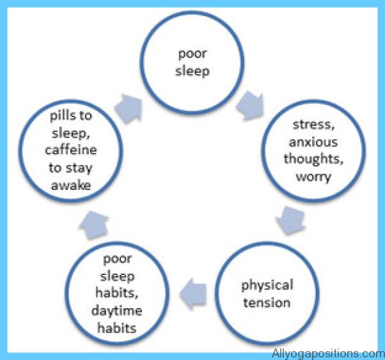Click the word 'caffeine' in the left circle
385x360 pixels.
tap(71, 150)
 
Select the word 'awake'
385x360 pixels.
tap(71, 185)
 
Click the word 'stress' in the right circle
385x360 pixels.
tap(313, 125)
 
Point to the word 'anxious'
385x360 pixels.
tap(313, 142)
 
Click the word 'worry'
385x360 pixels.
tap(313, 177)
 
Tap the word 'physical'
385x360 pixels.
tap(267, 285)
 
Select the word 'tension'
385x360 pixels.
tap(267, 302)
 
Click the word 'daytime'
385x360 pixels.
tap(116, 311)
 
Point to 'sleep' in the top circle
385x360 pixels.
tap(192, 72)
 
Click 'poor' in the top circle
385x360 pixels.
tap(192, 54)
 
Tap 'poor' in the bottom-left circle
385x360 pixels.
tap(117, 259)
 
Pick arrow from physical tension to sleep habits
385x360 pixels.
tap(192, 293)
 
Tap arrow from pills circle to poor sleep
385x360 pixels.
tap(129, 108)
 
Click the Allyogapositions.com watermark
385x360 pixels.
tap(328, 354)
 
